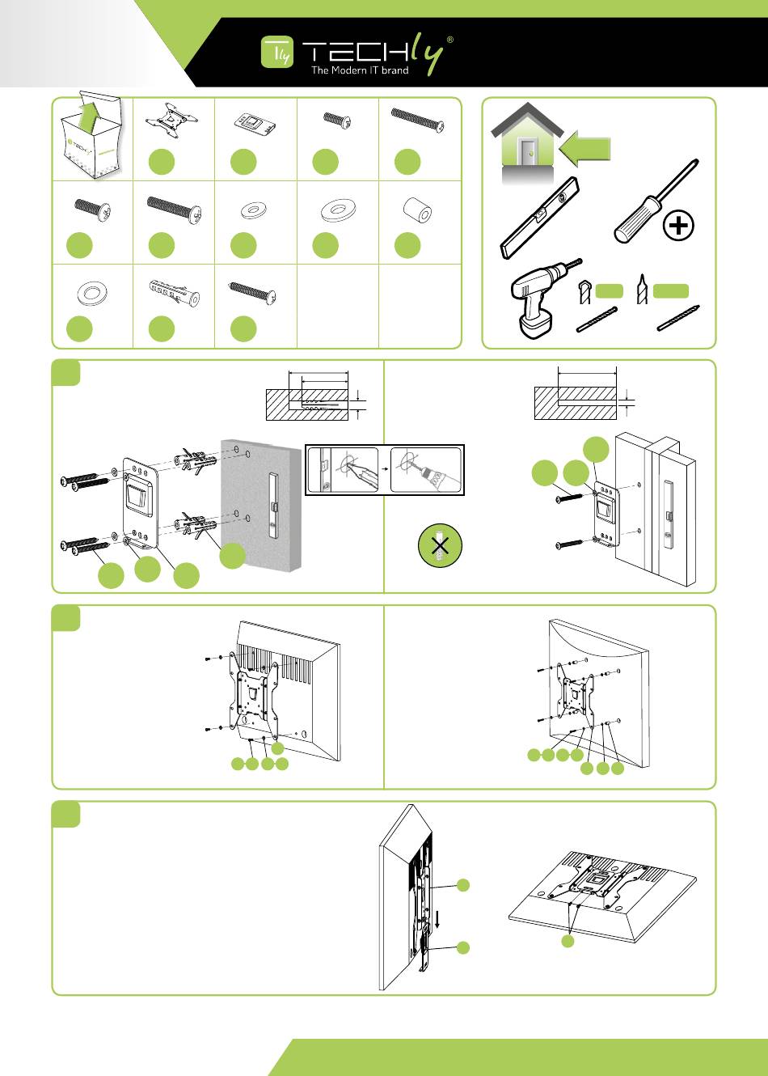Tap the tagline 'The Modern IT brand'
pyautogui.click(x=360, y=70)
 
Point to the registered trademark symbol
pyautogui.click(x=449, y=39)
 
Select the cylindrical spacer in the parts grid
pyautogui.click(x=418, y=214)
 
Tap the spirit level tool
pyautogui.click(x=540, y=217)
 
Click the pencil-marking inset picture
pyautogui.click(x=346, y=468)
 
